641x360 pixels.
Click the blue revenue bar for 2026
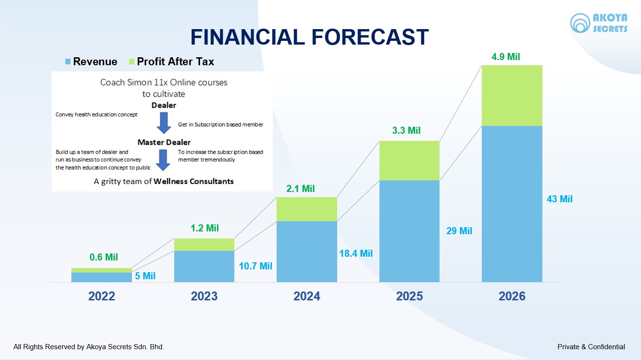click(512, 204)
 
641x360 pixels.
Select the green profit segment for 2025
click(409, 161)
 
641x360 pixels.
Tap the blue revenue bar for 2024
click(307, 251)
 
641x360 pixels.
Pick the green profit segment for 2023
click(204, 245)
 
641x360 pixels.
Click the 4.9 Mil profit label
click(505, 57)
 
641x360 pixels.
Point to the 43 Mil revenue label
click(559, 199)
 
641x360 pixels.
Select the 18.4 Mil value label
click(355, 253)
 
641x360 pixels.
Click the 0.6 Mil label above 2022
click(104, 257)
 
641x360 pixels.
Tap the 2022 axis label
click(101, 296)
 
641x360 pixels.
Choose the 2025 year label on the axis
click(409, 296)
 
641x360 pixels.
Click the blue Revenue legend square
click(68, 61)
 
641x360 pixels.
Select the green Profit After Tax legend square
click(131, 61)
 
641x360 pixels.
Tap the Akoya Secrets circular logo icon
click(580, 23)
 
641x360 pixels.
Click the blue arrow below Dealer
click(163, 123)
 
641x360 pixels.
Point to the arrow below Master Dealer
click(163, 160)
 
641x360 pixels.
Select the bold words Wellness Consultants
click(193, 181)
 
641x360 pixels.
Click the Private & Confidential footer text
click(591, 347)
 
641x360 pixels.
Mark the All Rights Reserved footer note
click(89, 347)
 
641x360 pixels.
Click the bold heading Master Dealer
click(164, 142)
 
